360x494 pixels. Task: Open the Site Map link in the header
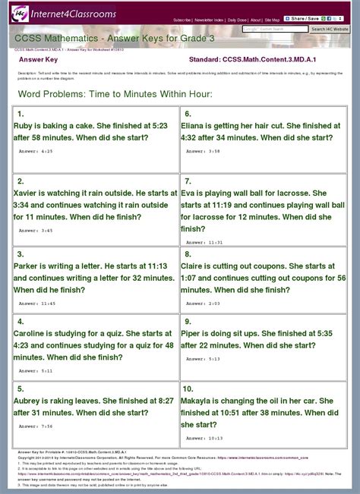pos(272,20)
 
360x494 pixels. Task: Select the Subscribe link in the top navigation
pos(182,20)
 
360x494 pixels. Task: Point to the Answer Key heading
pos(39,58)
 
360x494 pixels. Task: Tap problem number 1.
pos(21,114)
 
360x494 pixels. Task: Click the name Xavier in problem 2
pos(30,194)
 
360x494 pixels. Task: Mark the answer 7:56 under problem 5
pos(46,426)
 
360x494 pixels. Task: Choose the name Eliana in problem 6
pos(196,126)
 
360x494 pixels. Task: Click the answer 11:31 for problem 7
pos(215,242)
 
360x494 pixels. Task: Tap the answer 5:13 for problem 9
pos(214,358)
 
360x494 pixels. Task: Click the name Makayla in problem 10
pos(201,401)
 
